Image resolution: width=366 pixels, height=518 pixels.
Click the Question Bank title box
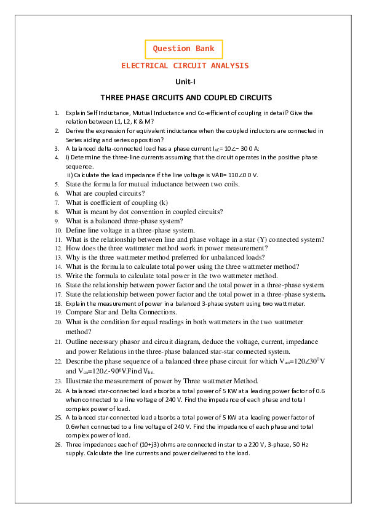(x=183, y=49)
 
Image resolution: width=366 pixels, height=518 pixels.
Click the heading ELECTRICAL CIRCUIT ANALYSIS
(x=185, y=65)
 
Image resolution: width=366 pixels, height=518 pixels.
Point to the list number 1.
(x=57, y=113)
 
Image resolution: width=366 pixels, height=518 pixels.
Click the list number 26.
(x=57, y=444)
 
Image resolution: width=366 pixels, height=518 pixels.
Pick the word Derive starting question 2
(x=75, y=131)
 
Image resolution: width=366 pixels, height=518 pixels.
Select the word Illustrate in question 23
(x=80, y=381)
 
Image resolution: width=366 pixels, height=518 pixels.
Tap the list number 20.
(x=57, y=322)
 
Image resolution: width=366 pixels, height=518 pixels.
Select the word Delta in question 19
(x=122, y=312)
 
